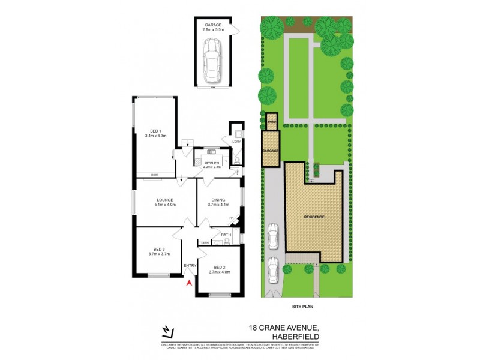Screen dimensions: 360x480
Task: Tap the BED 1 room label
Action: click(x=154, y=133)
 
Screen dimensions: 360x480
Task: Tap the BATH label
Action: click(x=226, y=235)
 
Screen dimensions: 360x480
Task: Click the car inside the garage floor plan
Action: click(x=211, y=62)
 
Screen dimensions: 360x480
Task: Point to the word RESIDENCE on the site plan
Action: click(x=314, y=216)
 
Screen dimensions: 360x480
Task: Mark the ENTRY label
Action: click(x=190, y=266)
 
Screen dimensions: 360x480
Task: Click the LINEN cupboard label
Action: click(x=205, y=242)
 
